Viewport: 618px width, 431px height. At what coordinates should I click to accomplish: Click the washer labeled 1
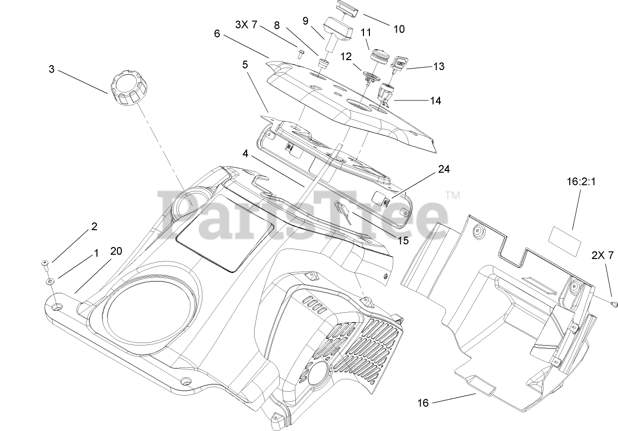[x=50, y=282]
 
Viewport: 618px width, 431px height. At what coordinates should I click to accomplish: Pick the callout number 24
[x=443, y=169]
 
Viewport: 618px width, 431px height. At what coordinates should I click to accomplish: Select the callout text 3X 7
[x=246, y=25]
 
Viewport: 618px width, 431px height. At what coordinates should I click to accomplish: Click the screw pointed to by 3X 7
[x=300, y=54]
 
